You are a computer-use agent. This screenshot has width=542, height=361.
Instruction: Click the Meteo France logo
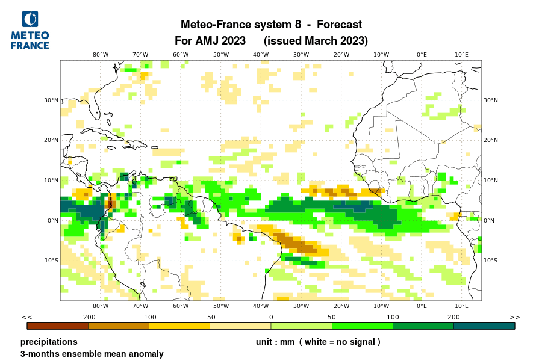30,30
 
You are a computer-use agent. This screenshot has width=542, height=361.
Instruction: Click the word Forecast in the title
339,25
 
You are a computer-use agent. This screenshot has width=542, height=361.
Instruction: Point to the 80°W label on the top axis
101,54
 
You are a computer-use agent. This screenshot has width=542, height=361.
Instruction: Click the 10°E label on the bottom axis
462,306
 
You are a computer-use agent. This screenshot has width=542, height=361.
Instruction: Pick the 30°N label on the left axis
51,100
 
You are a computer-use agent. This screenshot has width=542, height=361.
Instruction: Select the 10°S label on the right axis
491,261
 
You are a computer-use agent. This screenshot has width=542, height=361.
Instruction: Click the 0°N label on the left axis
52,220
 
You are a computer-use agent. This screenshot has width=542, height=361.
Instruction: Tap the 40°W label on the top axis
261,54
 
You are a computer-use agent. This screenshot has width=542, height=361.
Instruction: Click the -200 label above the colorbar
89,317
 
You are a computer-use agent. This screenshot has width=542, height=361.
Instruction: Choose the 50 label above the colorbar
332,317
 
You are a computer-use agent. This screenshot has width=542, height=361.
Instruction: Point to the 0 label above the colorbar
271,317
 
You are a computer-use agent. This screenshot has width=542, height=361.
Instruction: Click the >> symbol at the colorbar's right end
515,317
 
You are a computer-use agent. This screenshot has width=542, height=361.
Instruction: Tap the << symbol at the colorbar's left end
27,317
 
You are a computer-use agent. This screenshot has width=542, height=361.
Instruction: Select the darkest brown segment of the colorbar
58,326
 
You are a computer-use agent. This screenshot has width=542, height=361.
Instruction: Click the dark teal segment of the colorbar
484,326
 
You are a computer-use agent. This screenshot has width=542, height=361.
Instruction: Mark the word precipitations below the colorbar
49,342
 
